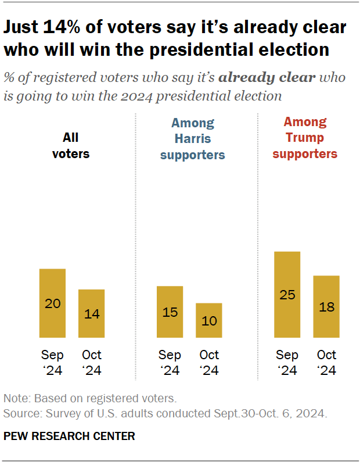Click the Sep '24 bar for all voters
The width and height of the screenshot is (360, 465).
point(52,303)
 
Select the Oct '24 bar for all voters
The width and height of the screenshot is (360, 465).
point(91,313)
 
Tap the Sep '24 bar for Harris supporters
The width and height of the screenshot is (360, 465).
point(170,312)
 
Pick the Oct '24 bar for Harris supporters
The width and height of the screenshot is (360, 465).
point(209,320)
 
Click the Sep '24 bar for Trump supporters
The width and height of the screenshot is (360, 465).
point(287,294)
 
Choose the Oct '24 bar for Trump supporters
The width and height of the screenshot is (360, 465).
point(326,306)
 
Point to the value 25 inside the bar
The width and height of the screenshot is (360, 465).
point(287,295)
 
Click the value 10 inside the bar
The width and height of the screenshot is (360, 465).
point(209,321)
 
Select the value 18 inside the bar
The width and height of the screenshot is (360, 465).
point(326,307)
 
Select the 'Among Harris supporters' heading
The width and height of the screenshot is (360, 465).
point(192,139)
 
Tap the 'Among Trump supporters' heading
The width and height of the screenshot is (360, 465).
point(305,138)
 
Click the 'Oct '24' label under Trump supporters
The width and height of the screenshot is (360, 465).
point(326,362)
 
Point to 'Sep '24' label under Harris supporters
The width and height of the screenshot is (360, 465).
point(170,362)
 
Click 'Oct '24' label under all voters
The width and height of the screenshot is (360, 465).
point(91,362)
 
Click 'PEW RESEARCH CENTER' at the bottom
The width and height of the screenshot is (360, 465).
point(69,435)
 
